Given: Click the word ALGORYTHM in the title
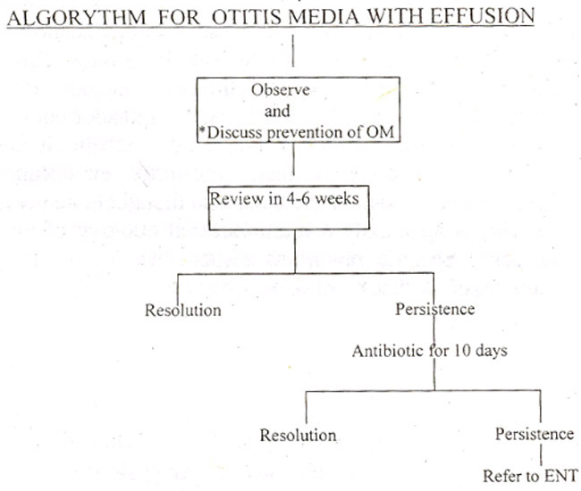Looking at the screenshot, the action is click(x=77, y=17).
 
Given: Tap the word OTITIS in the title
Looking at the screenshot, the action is click(x=247, y=17).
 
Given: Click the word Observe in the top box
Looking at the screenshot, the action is click(x=280, y=90).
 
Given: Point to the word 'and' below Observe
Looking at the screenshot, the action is click(x=277, y=111).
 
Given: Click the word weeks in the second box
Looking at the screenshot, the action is click(x=337, y=199).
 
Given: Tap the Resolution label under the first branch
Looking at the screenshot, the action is click(x=183, y=310).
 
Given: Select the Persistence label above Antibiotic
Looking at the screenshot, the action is click(x=435, y=309).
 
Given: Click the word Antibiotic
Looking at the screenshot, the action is click(x=388, y=351).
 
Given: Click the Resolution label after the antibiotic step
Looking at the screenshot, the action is click(x=298, y=435).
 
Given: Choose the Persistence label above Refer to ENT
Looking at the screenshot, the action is click(x=535, y=434).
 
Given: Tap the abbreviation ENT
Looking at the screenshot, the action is click(x=561, y=476).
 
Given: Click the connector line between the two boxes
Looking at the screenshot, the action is click(x=294, y=158).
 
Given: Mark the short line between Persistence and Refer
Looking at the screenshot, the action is click(x=541, y=454).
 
